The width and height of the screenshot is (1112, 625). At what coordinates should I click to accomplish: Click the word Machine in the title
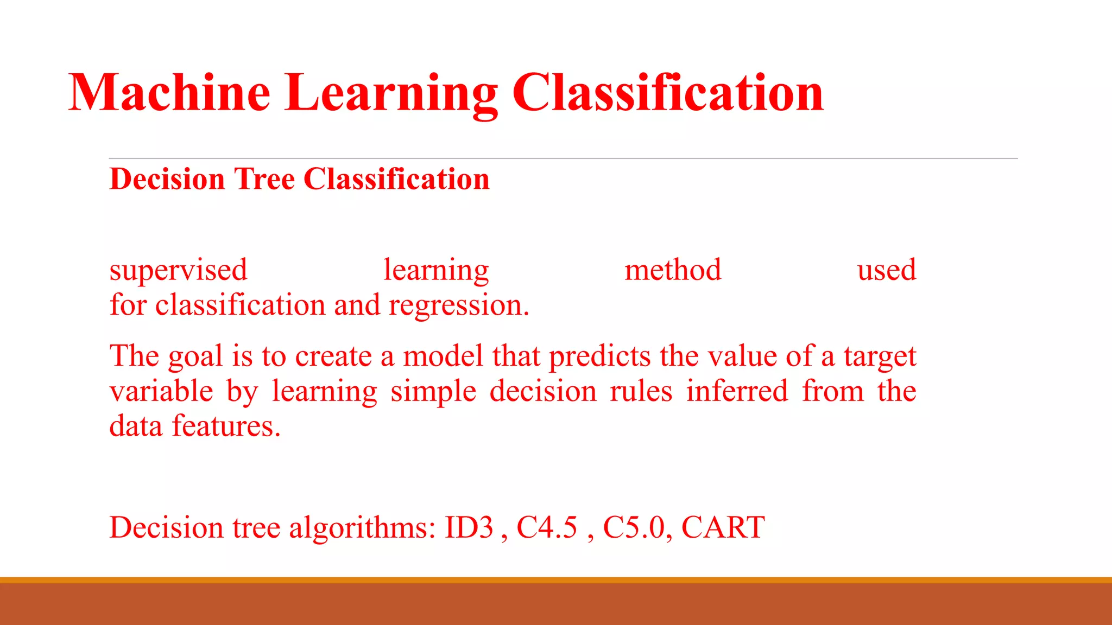click(x=169, y=93)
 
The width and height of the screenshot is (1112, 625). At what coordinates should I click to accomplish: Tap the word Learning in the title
click(x=390, y=93)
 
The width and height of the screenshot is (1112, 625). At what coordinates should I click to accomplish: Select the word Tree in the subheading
click(x=264, y=179)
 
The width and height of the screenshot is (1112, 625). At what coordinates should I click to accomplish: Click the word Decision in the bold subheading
click(x=167, y=179)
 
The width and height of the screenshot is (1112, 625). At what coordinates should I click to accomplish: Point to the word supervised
click(x=178, y=270)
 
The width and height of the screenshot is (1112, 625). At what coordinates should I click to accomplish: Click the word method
click(x=673, y=270)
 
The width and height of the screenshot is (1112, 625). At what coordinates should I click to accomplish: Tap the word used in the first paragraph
click(x=886, y=270)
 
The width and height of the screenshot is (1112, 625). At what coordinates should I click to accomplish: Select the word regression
click(x=458, y=305)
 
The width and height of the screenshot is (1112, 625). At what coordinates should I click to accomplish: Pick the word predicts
click(x=599, y=357)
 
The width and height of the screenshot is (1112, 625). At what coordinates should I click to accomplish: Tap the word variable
click(x=161, y=392)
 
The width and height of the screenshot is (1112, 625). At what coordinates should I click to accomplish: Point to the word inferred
click(x=737, y=392)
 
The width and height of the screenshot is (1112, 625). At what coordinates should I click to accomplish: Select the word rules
click(x=641, y=392)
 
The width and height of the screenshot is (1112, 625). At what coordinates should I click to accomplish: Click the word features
click(x=226, y=426)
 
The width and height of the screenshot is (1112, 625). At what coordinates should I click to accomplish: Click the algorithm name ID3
click(x=469, y=527)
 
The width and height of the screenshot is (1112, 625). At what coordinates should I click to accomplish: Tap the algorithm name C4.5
click(x=546, y=527)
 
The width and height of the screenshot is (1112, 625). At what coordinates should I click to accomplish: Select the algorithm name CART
click(x=723, y=527)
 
